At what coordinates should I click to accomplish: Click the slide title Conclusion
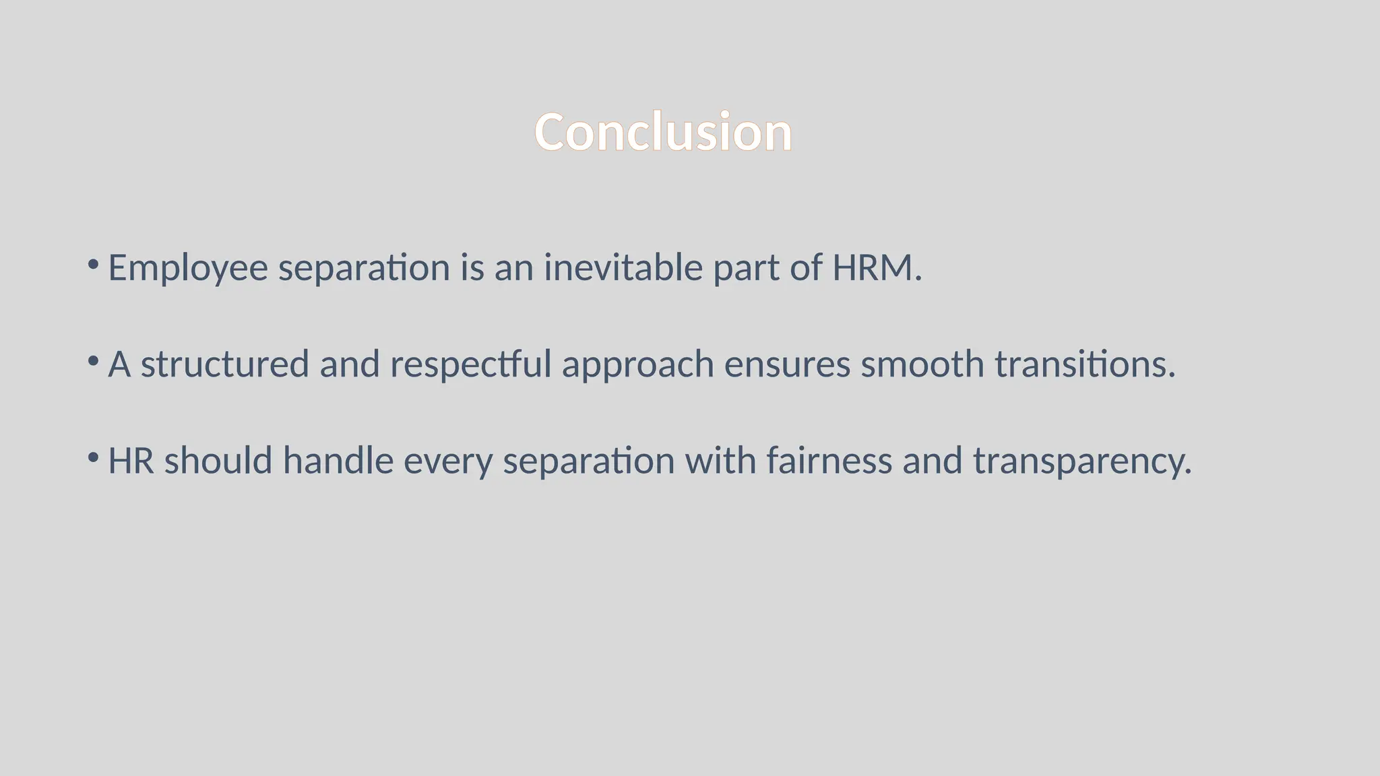click(663, 132)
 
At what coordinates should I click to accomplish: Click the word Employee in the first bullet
click(188, 268)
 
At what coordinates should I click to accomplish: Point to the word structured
click(224, 364)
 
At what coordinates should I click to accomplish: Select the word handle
click(338, 461)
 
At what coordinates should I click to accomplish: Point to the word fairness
click(829, 461)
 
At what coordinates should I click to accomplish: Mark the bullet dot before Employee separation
click(94, 263)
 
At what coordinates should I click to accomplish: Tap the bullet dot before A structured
click(94, 360)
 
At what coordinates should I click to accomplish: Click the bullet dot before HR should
click(94, 457)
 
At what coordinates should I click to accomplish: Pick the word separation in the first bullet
click(364, 269)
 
